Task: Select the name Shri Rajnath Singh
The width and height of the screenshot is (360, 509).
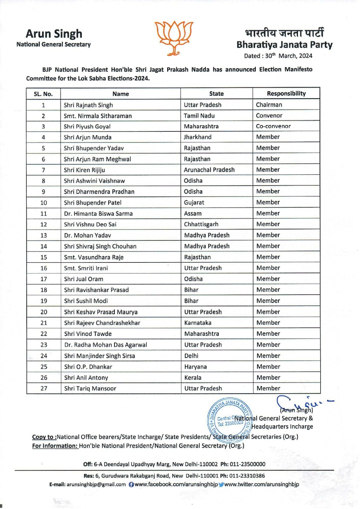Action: [88, 105]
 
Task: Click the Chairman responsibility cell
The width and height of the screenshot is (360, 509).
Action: [269, 105]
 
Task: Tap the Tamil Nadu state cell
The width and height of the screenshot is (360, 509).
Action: [199, 116]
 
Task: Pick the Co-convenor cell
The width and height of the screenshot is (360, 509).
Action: [273, 126]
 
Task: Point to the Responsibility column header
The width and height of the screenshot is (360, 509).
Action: [286, 94]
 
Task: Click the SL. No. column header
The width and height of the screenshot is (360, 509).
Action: [43, 94]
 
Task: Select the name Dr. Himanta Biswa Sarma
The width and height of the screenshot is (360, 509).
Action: [98, 214]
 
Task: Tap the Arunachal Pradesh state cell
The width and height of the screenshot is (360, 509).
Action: [209, 170]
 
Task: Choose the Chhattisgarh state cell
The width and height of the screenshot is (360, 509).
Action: [201, 224]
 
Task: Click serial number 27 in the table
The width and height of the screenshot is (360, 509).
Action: [44, 388]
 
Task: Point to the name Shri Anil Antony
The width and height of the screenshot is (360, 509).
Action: [86, 378]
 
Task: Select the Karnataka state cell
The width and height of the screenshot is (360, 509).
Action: [197, 323]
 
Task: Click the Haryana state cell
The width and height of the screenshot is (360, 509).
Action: [195, 367]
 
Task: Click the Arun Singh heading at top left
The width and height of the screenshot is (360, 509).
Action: [54, 34]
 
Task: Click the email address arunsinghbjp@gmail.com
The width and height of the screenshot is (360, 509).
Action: [96, 485]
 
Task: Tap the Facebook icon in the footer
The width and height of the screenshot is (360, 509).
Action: [131, 485]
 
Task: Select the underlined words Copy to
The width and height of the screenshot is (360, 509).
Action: [45, 437]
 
